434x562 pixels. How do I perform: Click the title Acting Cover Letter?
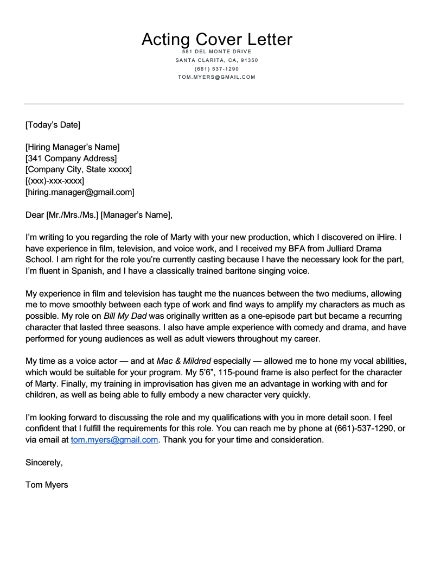[216, 39]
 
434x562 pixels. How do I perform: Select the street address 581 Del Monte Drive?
[216, 52]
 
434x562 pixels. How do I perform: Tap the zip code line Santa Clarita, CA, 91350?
[216, 60]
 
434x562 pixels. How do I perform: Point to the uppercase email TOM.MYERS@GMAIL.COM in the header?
[216, 77]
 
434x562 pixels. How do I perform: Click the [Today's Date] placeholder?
[53, 125]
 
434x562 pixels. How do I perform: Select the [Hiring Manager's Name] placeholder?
[73, 147]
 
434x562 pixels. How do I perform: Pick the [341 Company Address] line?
[71, 159]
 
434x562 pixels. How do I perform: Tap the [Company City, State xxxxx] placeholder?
[79, 170]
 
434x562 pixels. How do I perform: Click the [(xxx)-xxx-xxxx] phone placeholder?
[55, 181]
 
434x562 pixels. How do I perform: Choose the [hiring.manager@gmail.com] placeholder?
[80, 192]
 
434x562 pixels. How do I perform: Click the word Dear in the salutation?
[35, 215]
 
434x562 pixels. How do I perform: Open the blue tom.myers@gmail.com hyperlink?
[114, 440]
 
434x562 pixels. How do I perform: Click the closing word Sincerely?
[44, 463]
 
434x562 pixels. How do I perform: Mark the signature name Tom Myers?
[47, 485]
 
